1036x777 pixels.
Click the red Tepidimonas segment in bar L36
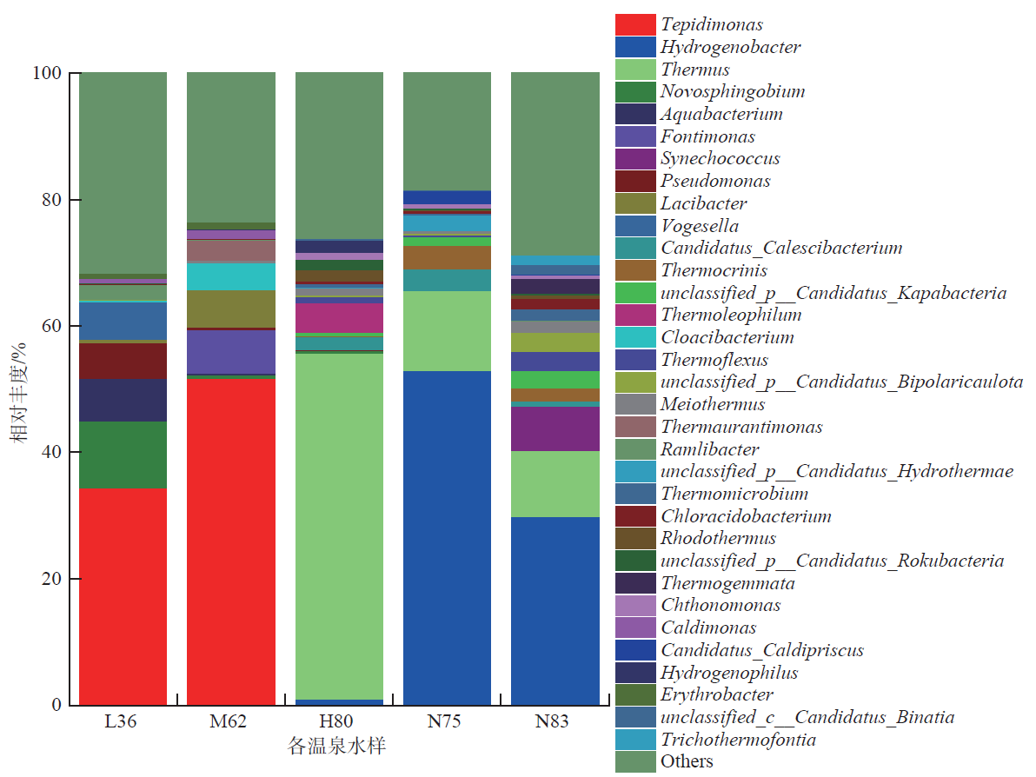click(x=123, y=595)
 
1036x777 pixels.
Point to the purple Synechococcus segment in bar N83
click(x=555, y=428)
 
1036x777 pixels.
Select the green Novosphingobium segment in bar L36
click(x=123, y=455)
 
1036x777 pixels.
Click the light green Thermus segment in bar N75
click(x=447, y=331)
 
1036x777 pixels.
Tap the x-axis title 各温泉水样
click(x=337, y=747)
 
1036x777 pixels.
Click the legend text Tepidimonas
click(x=711, y=25)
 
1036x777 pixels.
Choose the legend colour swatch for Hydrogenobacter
click(x=635, y=47)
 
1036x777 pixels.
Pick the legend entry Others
click(x=687, y=761)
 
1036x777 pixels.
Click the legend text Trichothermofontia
click(x=738, y=740)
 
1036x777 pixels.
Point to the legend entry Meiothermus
click(x=712, y=404)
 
